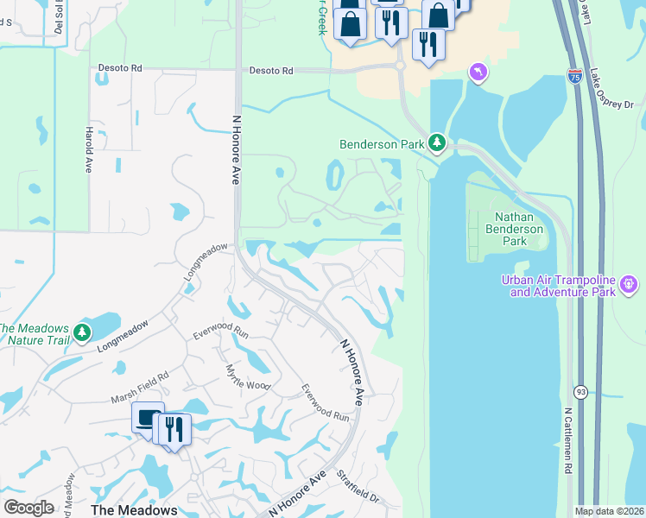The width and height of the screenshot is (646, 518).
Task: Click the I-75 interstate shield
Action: point(575,77)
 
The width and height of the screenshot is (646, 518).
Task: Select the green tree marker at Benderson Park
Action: point(438,142)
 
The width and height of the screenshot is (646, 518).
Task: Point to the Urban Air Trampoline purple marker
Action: point(630,282)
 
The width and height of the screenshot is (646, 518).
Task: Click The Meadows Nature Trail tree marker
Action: point(83,331)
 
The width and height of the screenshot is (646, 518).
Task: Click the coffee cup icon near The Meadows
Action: point(148,418)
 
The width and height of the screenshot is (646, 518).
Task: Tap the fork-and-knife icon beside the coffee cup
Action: point(175,429)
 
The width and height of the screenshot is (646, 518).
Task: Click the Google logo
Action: point(28,508)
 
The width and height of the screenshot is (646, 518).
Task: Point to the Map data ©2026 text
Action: point(610,511)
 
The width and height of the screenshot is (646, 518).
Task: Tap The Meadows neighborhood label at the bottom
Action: point(134,509)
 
